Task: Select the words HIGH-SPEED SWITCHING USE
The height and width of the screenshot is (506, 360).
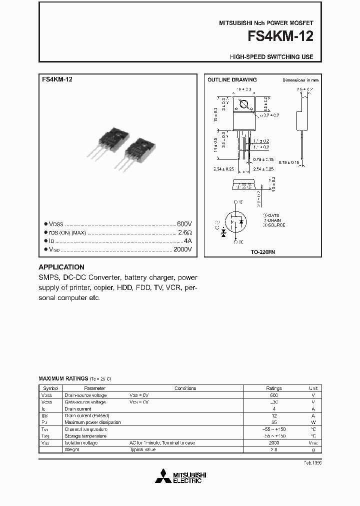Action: tap(271, 57)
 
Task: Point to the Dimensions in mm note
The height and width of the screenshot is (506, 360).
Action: tap(300, 80)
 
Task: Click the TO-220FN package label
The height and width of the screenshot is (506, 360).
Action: tap(262, 252)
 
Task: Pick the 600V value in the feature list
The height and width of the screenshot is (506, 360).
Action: tap(184, 223)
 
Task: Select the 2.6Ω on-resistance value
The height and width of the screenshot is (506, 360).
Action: tap(185, 232)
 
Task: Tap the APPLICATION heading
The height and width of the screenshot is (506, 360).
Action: tap(61, 267)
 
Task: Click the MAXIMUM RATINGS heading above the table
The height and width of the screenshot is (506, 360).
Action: tap(63, 379)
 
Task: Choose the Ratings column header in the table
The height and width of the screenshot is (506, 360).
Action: tap(273, 388)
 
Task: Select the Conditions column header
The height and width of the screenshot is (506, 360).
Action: tap(185, 388)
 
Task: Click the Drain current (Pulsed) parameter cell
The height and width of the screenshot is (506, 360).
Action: tap(87, 415)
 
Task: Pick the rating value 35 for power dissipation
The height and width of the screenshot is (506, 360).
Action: tap(273, 422)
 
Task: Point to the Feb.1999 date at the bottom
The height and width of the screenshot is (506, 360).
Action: tap(312, 463)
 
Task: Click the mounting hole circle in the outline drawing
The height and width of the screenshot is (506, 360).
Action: tap(245, 105)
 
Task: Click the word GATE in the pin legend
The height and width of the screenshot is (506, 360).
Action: tap(274, 215)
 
